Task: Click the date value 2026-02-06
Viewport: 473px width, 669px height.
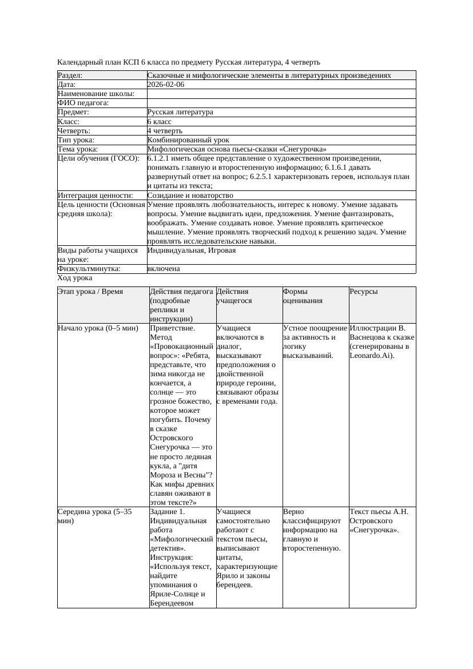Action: point(166,85)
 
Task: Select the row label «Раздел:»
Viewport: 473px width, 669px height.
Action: point(70,75)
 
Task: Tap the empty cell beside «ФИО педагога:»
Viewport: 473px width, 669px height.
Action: point(281,103)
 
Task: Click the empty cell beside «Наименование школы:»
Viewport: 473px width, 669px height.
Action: point(281,94)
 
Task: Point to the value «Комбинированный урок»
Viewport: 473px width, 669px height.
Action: point(188,140)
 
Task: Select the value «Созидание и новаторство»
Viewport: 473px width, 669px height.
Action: point(190,196)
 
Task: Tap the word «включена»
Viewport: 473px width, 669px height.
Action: point(164,269)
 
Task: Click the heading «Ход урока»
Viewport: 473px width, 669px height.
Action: point(75,278)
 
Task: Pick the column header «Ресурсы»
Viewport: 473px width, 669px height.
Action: point(363,292)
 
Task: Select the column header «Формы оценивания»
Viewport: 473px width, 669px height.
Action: point(303,296)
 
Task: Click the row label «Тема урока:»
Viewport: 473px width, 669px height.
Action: point(78,149)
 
